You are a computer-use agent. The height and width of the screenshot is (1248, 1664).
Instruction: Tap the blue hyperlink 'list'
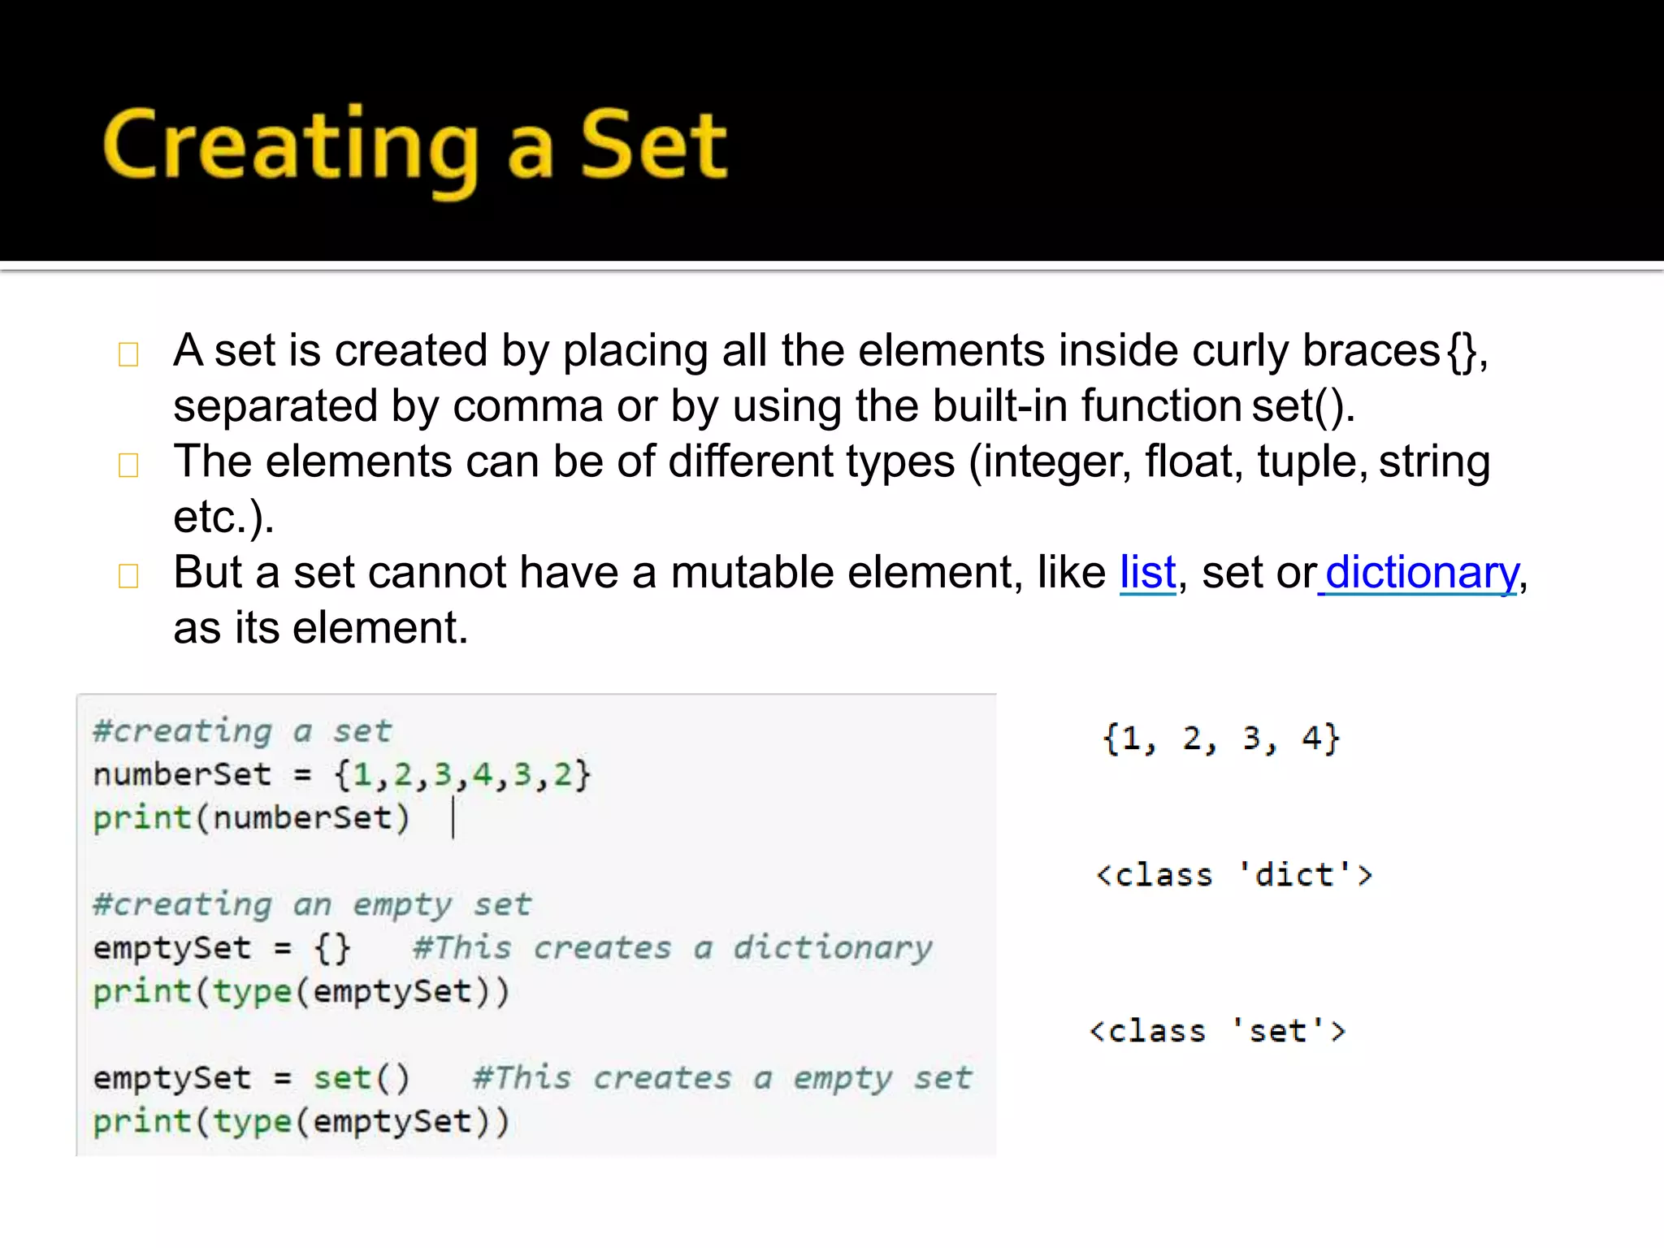coord(1147,573)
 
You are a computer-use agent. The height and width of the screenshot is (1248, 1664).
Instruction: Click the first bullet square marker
coord(128,354)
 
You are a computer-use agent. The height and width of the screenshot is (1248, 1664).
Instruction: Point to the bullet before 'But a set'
coord(128,576)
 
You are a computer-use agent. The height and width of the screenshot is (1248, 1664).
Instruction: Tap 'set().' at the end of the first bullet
coord(1303,406)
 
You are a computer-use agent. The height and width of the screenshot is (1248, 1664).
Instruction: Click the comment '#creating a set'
coord(242,731)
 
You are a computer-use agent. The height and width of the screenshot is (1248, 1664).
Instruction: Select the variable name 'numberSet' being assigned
coord(182,774)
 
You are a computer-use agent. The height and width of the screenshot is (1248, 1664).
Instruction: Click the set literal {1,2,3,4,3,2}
coord(462,774)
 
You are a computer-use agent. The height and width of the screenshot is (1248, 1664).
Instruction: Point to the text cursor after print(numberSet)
coord(453,817)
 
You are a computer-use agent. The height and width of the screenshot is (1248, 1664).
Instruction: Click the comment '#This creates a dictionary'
coord(672,947)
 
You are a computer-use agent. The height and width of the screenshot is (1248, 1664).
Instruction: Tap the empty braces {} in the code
coord(332,948)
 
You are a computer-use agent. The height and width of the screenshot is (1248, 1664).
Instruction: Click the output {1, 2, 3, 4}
coord(1220,739)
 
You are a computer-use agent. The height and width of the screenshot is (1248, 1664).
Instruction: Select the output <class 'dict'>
coord(1233,875)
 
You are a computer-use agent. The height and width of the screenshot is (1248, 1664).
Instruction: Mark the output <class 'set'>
coord(1217,1031)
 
